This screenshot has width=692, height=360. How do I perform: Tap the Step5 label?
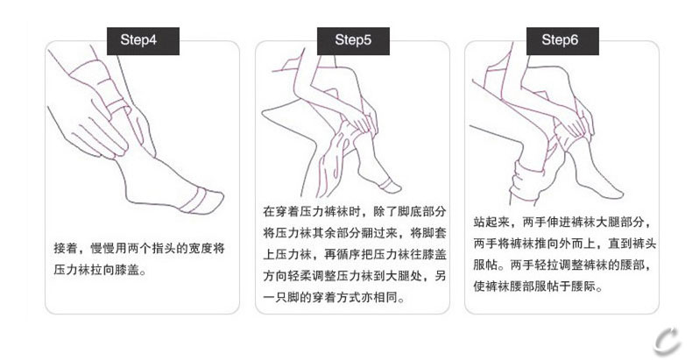[x=353, y=40]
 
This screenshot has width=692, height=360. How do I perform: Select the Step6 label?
[x=562, y=40]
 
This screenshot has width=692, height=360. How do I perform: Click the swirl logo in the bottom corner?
[x=668, y=341]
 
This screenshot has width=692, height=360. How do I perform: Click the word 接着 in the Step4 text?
[x=66, y=249]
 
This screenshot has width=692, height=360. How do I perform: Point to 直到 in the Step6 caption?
[x=620, y=244]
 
